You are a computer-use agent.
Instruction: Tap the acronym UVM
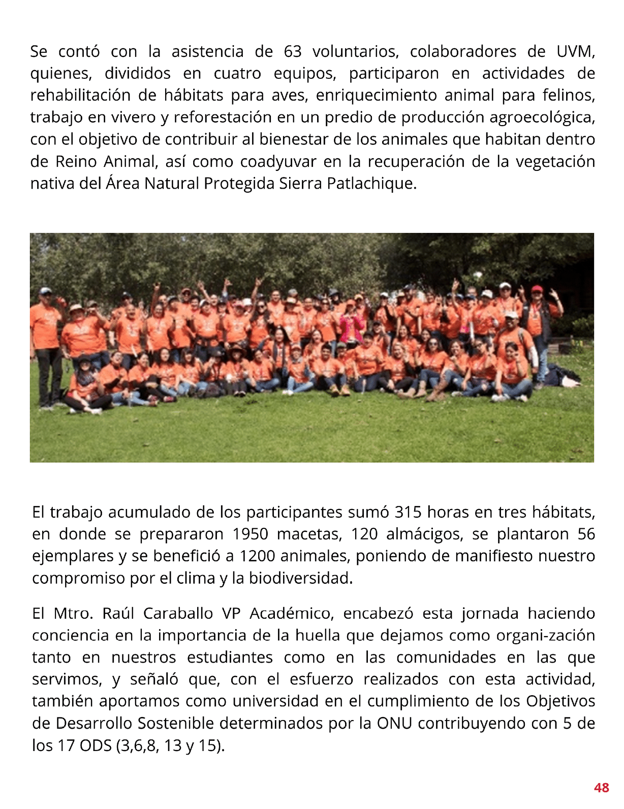pos(575,52)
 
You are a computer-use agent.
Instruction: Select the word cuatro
pos(237,74)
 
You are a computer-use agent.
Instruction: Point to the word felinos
pos(569,96)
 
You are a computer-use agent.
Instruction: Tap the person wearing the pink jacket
pos(351,325)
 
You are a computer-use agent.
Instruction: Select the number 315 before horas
pos(408,512)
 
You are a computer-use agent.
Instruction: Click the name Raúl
pos(118,614)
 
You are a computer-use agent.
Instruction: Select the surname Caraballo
pos(178,614)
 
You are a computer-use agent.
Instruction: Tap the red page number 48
pos(601,788)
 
